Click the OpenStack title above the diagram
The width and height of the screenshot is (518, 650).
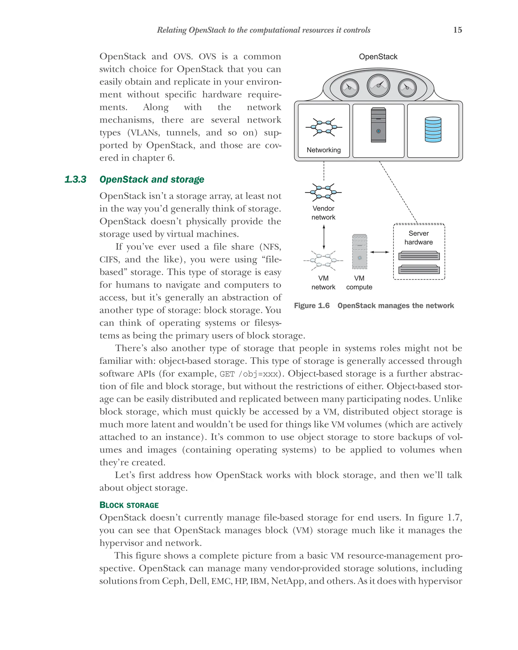click(378, 57)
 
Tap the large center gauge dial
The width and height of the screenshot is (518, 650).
click(378, 86)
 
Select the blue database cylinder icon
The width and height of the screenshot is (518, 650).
click(433, 130)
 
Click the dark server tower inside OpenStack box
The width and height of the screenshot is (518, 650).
click(378, 125)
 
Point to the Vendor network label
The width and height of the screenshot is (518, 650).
click(323, 213)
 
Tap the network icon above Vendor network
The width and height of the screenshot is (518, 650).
click(323, 192)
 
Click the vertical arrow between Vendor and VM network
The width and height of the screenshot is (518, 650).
click(324, 238)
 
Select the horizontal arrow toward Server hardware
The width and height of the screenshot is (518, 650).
click(379, 252)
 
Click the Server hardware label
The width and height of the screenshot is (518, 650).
click(418, 238)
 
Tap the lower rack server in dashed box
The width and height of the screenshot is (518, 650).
click(419, 269)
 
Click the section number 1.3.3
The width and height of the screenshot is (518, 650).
click(75, 179)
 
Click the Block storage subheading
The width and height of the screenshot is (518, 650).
click(129, 505)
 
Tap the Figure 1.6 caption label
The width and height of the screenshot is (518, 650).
click(312, 306)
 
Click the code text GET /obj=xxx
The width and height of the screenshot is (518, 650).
click(249, 374)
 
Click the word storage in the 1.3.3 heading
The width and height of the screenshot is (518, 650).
click(187, 179)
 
